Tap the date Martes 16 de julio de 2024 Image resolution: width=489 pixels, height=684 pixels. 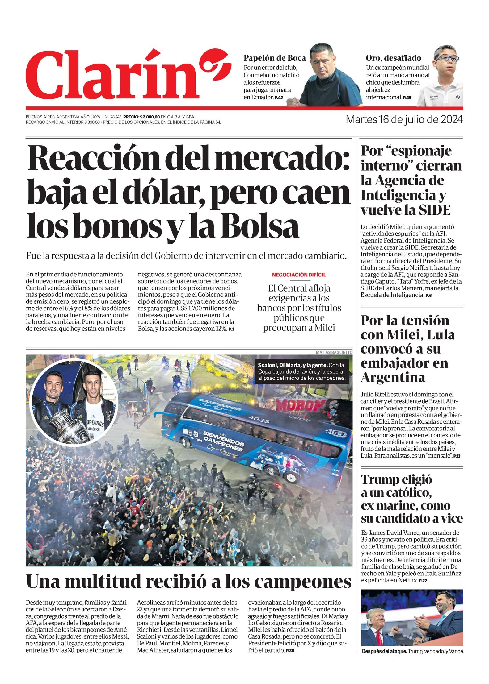404,119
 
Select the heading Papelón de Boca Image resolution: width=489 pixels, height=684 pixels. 275,58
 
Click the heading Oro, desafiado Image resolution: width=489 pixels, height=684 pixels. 393,58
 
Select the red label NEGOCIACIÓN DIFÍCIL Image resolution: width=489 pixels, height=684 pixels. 299,275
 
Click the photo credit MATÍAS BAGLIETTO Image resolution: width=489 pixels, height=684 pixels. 334,352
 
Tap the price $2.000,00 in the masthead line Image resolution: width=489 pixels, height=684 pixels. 150,117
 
